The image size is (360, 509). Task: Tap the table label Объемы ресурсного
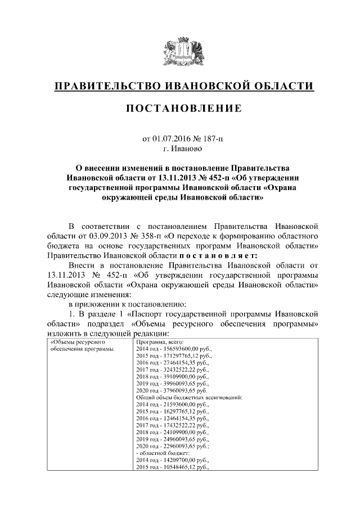pyautogui.click(x=76, y=341)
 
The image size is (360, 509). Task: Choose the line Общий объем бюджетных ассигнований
pyautogui.click(x=189, y=397)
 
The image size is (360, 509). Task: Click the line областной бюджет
pyautogui.click(x=163, y=460)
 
